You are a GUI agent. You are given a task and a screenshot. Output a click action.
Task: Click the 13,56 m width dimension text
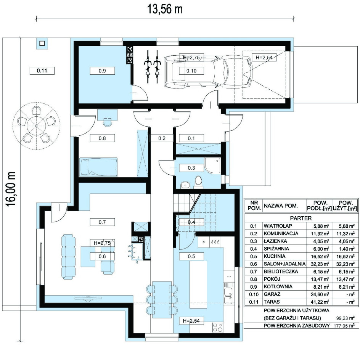[x=165, y=10]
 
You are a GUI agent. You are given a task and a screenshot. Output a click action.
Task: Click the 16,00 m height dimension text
[x=11, y=189]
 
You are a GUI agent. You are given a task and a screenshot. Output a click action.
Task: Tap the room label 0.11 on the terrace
[x=42, y=71]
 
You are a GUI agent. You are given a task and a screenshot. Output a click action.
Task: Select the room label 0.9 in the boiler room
[x=102, y=71]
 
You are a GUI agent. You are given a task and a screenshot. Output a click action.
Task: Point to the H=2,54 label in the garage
[x=264, y=57]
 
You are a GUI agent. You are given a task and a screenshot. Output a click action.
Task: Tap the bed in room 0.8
[x=98, y=167]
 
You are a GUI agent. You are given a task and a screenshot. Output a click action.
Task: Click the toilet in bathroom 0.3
[x=198, y=181]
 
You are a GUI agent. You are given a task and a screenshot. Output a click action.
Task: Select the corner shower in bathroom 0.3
[x=212, y=166]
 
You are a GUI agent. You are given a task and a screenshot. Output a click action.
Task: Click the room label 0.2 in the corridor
[x=162, y=138]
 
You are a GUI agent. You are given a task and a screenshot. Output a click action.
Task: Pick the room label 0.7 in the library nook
[x=102, y=222]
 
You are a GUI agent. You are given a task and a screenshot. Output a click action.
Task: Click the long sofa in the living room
[x=68, y=256]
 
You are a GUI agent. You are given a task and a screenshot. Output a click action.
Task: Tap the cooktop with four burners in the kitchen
[x=218, y=327]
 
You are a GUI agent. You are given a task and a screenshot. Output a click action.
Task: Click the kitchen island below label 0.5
[x=198, y=285]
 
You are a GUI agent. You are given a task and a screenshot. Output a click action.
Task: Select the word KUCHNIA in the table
[x=275, y=256]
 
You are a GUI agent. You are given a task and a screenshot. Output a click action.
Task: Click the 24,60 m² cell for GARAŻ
[x=320, y=294]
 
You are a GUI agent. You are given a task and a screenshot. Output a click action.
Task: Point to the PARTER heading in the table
[x=301, y=218]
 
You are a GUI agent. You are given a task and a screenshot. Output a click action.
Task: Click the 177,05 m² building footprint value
[x=344, y=326]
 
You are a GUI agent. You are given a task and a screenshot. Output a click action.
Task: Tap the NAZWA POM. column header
[x=281, y=206]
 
